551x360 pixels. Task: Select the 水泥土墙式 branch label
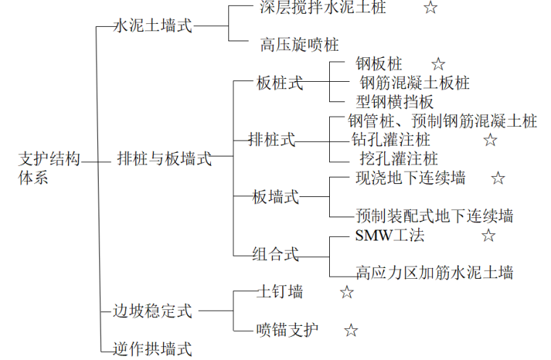click(153, 26)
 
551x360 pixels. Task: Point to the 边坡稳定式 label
click(153, 311)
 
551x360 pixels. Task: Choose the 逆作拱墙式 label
click(153, 349)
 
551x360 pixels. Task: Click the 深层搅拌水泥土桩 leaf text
click(323, 8)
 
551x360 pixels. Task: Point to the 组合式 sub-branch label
click(275, 254)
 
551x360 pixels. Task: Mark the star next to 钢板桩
click(438, 65)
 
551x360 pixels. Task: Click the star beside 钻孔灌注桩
click(490, 140)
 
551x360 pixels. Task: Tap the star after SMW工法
click(489, 235)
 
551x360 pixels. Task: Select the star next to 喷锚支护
click(351, 330)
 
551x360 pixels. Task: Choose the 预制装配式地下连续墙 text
click(434, 216)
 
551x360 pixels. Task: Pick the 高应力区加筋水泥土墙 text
click(434, 272)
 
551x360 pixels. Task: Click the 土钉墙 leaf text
click(280, 292)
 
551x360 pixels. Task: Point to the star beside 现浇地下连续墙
click(497, 178)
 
